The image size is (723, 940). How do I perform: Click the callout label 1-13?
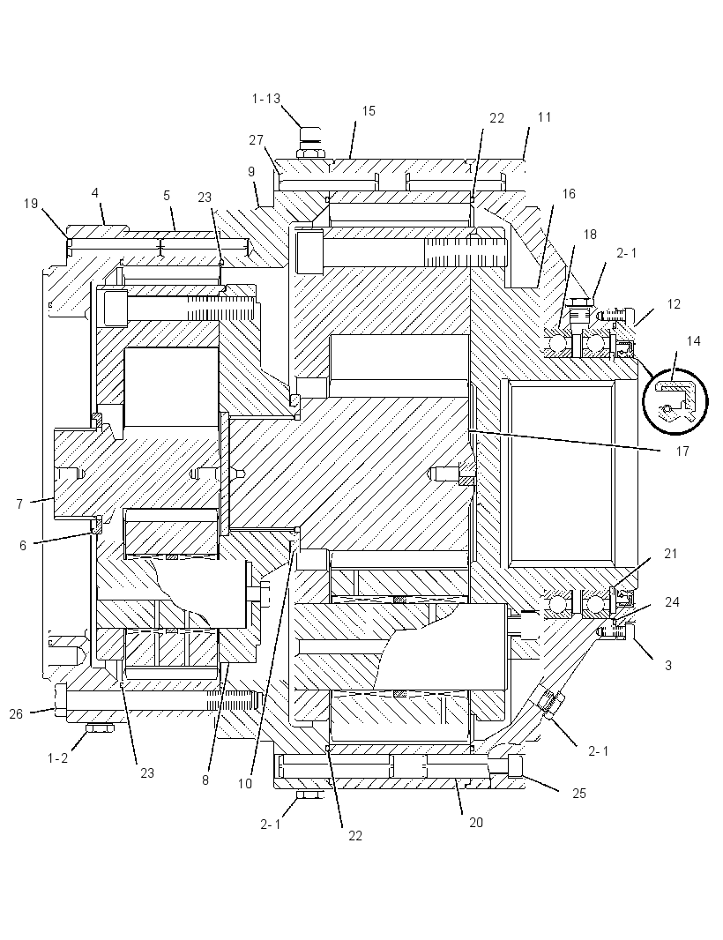(x=266, y=98)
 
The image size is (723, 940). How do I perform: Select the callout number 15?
(x=369, y=111)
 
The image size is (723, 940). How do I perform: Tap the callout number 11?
(x=544, y=117)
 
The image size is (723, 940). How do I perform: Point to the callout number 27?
(x=256, y=139)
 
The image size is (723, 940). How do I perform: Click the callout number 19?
(x=31, y=204)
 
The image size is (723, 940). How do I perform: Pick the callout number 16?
(x=569, y=194)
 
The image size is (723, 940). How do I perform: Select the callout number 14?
(x=694, y=341)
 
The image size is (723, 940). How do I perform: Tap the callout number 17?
(x=682, y=451)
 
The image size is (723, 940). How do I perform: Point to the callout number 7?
(x=19, y=504)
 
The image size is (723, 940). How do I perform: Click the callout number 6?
(x=23, y=546)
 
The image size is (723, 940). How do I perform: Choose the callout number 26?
(x=16, y=713)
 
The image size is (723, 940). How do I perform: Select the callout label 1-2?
(x=57, y=758)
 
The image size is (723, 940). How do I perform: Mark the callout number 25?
(x=578, y=793)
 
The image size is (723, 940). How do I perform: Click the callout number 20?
(x=476, y=823)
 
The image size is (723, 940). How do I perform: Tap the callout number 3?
(x=668, y=665)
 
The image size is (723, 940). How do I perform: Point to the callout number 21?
(x=671, y=553)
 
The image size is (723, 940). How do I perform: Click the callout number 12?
(x=674, y=304)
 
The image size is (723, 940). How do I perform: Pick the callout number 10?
(x=245, y=784)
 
